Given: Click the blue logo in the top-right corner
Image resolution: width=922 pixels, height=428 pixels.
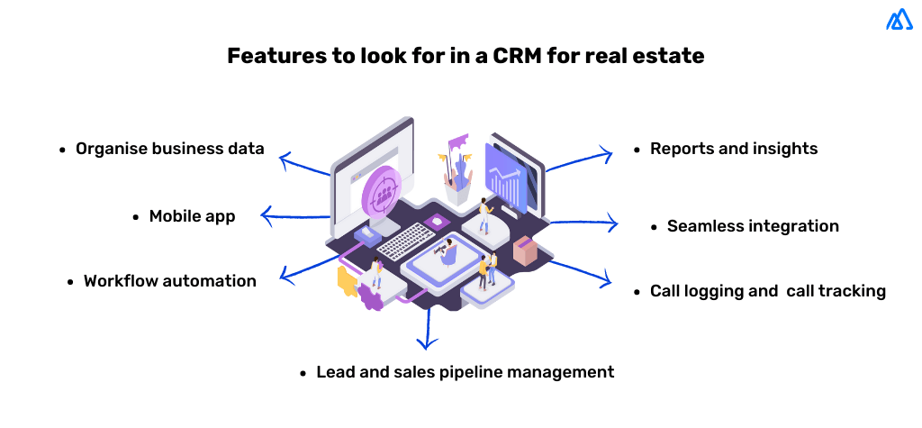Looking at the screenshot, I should pos(899,20).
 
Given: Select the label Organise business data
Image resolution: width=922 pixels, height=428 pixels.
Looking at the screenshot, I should pos(169,149).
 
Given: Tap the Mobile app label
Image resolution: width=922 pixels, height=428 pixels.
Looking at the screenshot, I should pos(192,216).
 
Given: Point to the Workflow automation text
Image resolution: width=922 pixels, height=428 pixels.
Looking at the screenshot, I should pos(169,281).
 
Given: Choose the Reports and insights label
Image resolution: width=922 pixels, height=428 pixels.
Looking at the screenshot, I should pos(733,149).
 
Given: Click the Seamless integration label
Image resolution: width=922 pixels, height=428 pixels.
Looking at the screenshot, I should pos(752,226).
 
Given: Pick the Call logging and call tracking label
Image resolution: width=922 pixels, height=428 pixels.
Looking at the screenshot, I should pos(767,291).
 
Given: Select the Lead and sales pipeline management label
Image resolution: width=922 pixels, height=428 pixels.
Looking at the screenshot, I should pos(465,371).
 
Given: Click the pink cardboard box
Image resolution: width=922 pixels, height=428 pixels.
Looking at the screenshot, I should pos(525,250).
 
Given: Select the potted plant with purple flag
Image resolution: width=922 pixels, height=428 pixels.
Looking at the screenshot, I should pos(460,171).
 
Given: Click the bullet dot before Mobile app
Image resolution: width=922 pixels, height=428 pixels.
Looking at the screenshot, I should pos(136,217).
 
